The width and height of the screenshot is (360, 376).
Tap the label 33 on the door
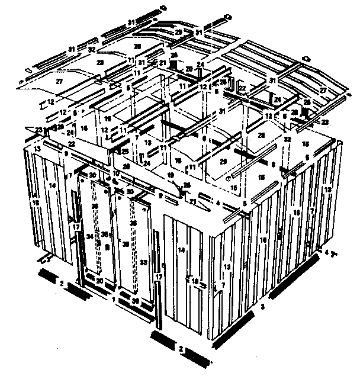[144, 262]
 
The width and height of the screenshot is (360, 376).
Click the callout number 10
[117, 173]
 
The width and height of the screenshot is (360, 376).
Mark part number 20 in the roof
[189, 69]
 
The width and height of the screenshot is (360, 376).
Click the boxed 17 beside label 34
[76, 227]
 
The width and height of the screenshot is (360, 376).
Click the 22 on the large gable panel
[71, 144]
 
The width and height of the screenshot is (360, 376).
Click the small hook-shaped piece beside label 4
[335, 253]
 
